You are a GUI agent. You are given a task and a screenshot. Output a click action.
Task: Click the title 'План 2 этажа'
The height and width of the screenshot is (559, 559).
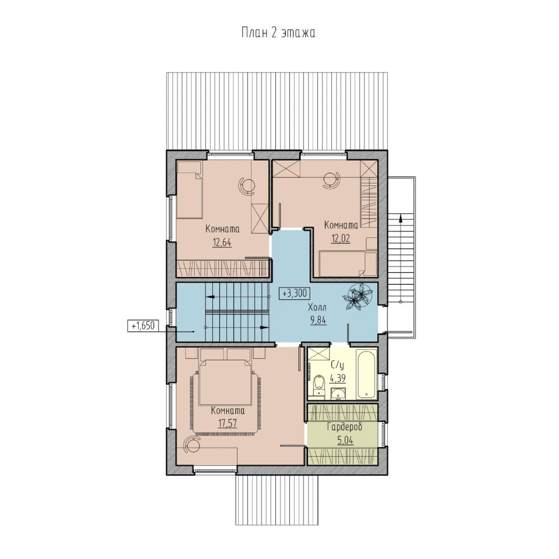(278, 33)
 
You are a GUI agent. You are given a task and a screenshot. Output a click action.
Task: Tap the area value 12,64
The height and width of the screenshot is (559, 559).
(222, 243)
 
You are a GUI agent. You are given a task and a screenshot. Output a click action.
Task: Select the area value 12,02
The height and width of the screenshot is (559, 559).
(341, 239)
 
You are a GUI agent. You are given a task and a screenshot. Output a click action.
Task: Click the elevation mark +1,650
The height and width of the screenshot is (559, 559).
(143, 326)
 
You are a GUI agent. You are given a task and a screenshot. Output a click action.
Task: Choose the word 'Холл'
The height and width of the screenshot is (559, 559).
(317, 307)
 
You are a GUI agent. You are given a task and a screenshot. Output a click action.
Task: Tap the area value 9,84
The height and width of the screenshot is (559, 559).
(318, 320)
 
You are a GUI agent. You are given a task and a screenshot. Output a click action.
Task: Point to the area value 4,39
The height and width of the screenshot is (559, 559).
(337, 378)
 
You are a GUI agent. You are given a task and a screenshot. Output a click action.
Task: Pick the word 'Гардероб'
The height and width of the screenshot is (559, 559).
(345, 426)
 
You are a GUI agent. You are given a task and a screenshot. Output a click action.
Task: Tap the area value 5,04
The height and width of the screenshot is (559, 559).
(345, 440)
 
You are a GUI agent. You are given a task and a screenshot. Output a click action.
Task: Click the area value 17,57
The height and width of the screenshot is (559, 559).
(227, 423)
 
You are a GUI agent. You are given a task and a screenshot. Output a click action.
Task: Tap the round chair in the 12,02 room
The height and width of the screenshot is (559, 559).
(332, 180)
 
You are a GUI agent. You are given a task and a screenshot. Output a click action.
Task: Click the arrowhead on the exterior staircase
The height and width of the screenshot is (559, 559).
(401, 218)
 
